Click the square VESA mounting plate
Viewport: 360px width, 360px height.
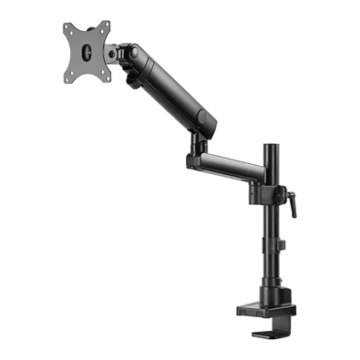click(x=86, y=52)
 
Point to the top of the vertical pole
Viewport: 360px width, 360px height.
click(x=271, y=146)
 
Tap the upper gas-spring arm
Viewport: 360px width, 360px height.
click(x=168, y=87)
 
